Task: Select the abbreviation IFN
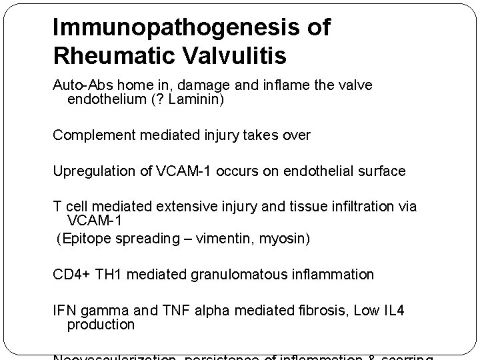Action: tap(65, 310)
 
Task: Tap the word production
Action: tap(101, 325)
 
